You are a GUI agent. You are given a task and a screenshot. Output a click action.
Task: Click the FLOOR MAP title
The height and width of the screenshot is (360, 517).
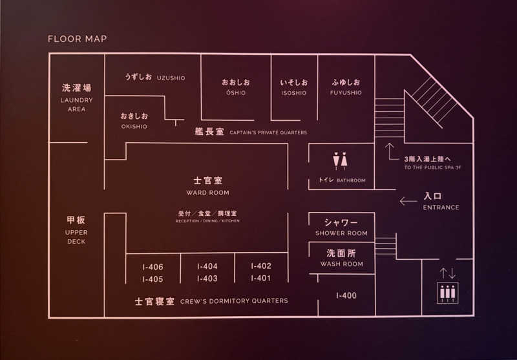pos(78,39)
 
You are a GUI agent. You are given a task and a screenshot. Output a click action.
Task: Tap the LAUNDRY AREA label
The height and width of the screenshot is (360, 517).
pos(76,105)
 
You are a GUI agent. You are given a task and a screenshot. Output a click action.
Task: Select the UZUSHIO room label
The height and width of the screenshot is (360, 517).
pos(171,78)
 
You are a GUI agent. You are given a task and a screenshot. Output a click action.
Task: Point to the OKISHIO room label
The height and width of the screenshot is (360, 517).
pos(134,126)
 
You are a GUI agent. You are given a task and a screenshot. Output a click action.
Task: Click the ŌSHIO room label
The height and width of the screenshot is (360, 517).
pos(236,92)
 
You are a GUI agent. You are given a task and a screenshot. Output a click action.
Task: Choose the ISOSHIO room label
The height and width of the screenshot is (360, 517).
pos(294,93)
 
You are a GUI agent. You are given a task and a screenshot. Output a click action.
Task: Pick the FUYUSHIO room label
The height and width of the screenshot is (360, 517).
pos(346,92)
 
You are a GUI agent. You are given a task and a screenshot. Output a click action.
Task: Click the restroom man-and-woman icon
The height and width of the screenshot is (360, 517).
pos(340,161)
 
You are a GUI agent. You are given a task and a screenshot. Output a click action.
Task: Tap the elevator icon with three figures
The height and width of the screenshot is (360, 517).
pos(448,293)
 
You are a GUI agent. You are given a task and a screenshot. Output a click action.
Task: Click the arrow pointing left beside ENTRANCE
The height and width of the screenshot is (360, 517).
pos(408,201)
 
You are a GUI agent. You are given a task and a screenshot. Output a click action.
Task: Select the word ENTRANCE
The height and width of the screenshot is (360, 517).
pos(441,207)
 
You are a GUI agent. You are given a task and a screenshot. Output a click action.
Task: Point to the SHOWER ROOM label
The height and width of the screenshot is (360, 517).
pos(341,233)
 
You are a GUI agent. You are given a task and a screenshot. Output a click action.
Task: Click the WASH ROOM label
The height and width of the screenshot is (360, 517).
pos(342,264)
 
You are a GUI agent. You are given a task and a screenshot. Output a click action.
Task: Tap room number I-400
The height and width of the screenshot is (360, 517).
pos(346,295)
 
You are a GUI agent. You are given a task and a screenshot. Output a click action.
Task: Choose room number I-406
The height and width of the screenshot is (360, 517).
pos(153,267)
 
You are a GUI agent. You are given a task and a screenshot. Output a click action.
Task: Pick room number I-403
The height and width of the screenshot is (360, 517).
pos(207,279)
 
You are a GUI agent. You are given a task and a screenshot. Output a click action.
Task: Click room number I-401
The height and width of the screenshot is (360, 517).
pos(261,279)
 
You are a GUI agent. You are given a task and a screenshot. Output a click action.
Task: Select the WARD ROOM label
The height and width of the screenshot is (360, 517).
pos(207,193)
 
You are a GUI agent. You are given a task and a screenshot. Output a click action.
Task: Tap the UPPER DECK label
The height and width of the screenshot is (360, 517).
pos(76,237)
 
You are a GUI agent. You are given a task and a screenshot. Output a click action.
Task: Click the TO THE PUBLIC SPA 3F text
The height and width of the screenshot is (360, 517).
pos(432,167)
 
